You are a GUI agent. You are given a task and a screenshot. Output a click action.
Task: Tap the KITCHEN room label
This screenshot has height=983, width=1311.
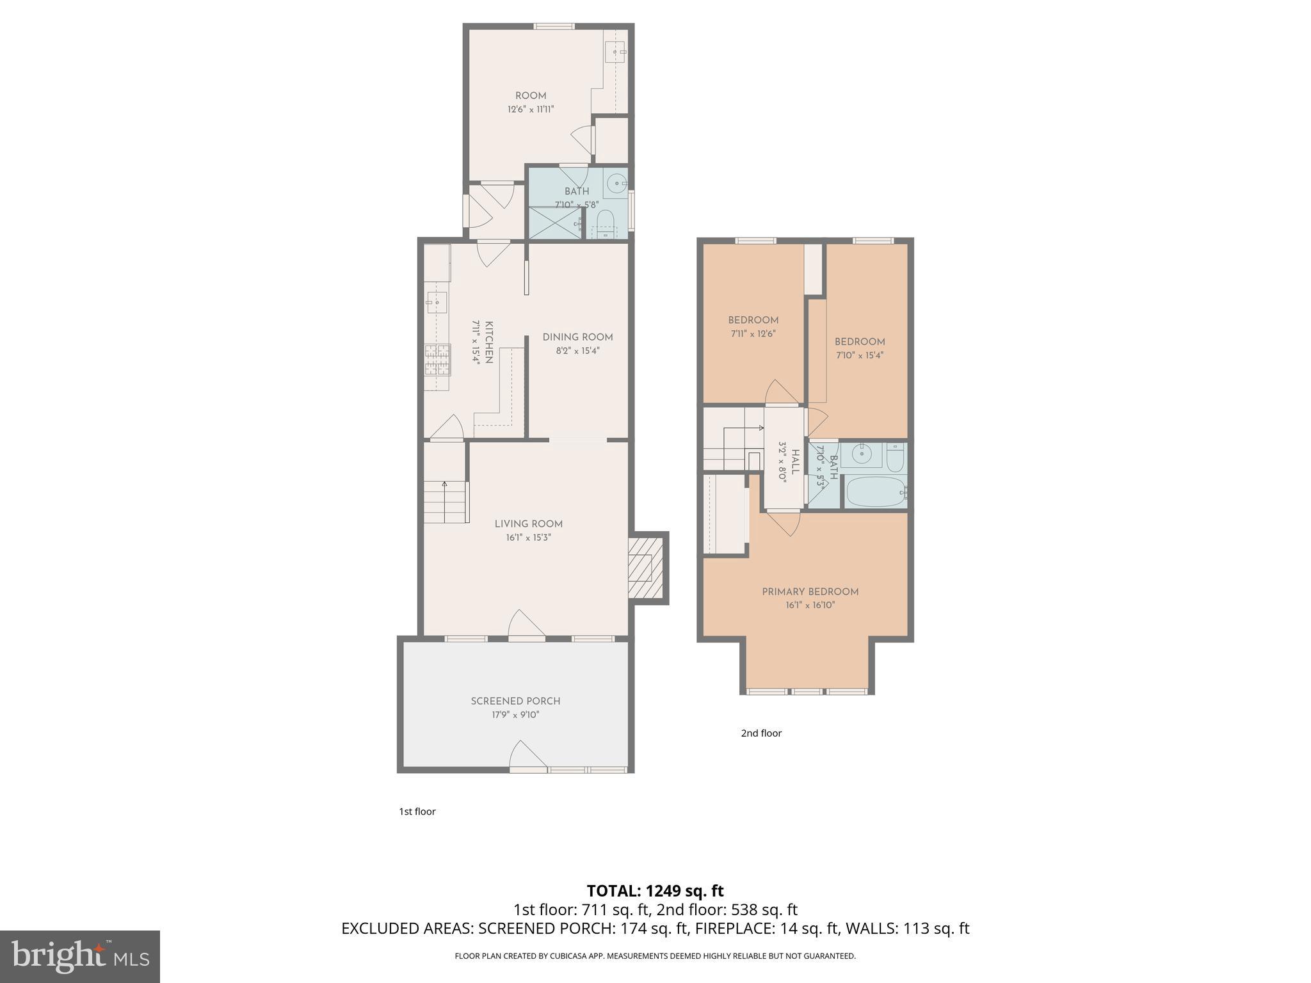coord(488,342)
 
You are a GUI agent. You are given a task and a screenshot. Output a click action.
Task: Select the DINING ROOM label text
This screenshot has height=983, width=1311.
coord(577,337)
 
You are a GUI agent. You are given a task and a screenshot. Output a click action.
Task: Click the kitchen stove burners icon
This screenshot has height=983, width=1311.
coord(438,360)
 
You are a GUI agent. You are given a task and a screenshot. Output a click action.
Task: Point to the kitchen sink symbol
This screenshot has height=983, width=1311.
coord(437,301)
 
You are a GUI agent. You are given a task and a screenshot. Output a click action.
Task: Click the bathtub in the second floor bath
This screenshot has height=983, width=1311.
coord(874,491)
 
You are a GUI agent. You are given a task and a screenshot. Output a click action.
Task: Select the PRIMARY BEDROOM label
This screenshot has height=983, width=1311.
coord(810,592)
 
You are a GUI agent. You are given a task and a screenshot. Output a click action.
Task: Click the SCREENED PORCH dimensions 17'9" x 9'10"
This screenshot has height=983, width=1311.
coord(515,715)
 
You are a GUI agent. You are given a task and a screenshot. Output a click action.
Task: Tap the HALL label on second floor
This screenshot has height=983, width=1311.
coord(796,461)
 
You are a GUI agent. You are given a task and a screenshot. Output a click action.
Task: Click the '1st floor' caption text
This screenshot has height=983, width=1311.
coord(417,811)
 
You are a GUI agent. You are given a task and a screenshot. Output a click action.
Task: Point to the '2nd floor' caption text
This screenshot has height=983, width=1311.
coord(761,733)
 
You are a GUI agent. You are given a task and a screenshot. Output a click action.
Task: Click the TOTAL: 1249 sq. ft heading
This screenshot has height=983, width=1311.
coord(655,891)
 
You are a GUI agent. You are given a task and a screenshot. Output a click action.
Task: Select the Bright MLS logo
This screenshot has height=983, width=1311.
coord(79,956)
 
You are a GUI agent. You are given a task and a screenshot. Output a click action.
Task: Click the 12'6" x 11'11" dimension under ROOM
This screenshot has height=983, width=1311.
coord(531,109)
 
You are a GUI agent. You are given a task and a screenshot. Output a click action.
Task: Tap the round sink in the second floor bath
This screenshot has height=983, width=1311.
coord(862,454)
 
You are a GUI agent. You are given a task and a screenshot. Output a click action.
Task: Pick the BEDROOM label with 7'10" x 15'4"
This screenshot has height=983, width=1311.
coord(860,342)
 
